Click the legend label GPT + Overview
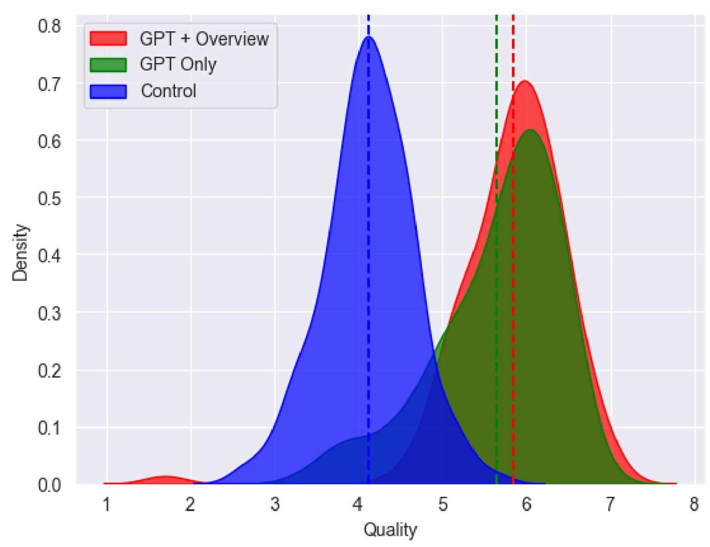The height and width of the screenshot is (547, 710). click(x=204, y=39)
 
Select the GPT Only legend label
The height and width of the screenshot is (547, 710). click(x=178, y=65)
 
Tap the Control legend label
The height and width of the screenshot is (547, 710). click(x=168, y=91)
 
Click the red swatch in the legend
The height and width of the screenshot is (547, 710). click(x=108, y=38)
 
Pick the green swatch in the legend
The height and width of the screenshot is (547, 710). click(x=108, y=65)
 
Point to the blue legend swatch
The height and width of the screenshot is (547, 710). click(x=108, y=91)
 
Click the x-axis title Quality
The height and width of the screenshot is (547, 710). click(x=390, y=530)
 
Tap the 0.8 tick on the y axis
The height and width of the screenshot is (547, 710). click(x=49, y=26)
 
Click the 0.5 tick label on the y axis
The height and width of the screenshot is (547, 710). click(x=49, y=198)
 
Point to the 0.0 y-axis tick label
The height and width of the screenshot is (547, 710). click(x=49, y=485)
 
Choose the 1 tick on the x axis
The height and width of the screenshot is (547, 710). click(x=107, y=504)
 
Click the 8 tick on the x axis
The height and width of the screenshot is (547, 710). click(x=694, y=504)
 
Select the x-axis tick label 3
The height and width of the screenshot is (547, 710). click(x=275, y=504)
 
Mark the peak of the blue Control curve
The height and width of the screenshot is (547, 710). click(x=368, y=37)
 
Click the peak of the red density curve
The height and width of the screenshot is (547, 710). click(x=524, y=81)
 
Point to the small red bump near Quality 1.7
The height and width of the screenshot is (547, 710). click(x=164, y=478)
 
